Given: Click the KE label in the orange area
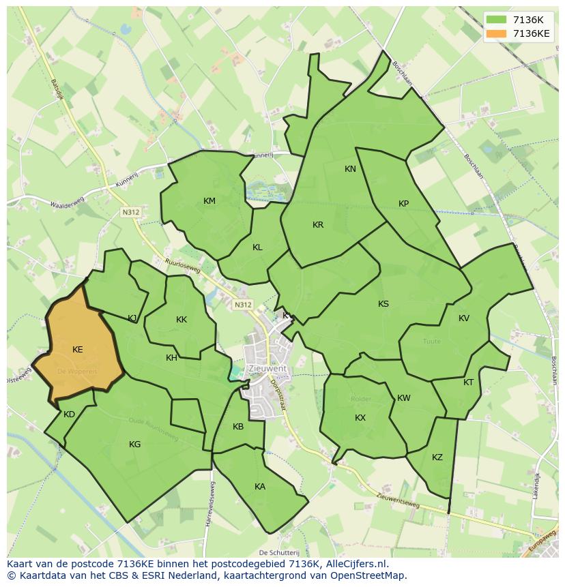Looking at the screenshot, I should pos(78,350).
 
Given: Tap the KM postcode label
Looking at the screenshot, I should pos(209,201).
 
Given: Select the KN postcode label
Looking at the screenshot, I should pos(350,169).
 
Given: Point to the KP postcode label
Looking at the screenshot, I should pos(403,204).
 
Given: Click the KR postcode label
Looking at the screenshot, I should pos(318,225).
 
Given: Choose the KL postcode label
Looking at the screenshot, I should pos(257,247).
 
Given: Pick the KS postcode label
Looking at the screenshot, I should pos(383,304).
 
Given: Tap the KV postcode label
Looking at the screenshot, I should pos(464,318).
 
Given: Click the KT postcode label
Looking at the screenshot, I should pos(468,382).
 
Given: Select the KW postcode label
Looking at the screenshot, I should pos(404,398).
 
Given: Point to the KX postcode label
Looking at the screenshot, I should pos(360,418).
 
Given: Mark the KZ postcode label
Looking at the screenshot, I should pos(437,457).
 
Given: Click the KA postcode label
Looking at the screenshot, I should pos(260,487).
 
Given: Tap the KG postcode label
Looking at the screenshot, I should pos(135,445).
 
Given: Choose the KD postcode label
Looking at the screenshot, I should pos(69,415).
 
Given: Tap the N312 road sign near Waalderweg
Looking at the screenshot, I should pos(131,213).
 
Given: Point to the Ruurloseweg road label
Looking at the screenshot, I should pos(183,265).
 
